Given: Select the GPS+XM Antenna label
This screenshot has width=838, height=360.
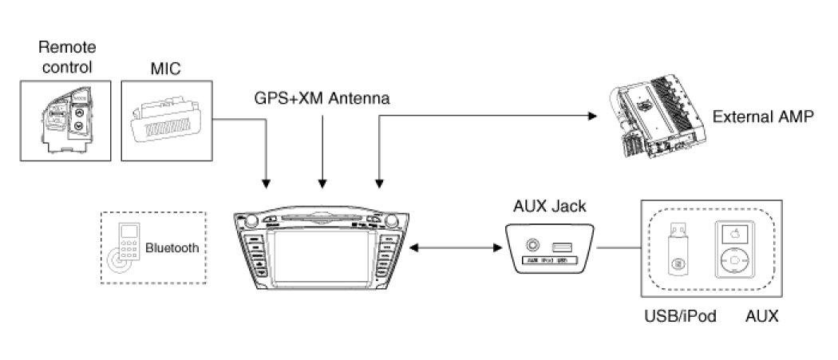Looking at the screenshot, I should tap(322, 99).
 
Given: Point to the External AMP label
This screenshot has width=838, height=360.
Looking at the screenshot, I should tap(762, 117).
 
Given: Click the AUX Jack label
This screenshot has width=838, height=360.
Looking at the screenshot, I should tap(549, 207).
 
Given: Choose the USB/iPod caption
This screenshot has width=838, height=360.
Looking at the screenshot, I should tap(680, 316).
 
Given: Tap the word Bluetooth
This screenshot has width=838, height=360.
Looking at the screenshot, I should tap(172, 248).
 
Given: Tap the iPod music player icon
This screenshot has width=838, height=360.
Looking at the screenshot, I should tap(735, 250).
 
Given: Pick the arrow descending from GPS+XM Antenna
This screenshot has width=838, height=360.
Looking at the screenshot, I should tap(322, 152).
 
